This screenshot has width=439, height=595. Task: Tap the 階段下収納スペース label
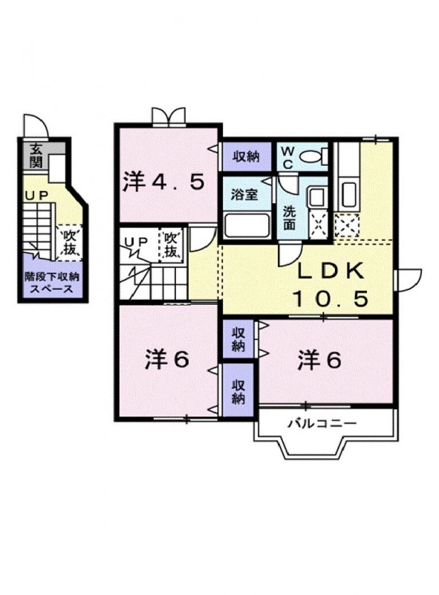click(51, 283)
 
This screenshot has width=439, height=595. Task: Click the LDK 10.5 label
click(330, 286)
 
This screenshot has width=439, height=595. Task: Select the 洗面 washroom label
click(289, 216)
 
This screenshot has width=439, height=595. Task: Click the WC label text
click(288, 157)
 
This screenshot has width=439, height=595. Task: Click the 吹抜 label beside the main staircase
click(171, 245)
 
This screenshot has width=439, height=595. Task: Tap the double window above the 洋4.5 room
click(168, 116)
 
